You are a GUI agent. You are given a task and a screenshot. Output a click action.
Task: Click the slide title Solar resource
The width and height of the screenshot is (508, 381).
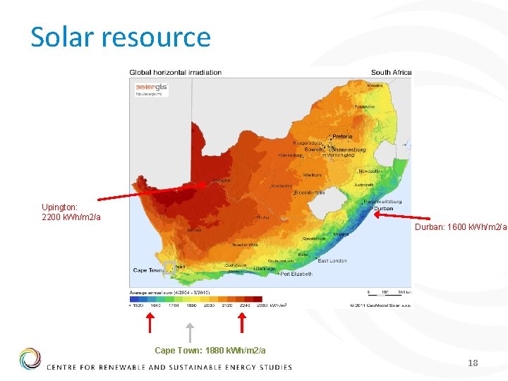(121, 37)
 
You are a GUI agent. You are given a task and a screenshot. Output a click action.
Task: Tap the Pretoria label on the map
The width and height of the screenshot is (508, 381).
(342, 136)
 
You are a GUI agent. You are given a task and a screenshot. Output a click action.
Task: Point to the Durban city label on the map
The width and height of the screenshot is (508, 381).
(384, 209)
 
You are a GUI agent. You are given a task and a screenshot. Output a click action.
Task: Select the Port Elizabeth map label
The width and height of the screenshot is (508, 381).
(297, 273)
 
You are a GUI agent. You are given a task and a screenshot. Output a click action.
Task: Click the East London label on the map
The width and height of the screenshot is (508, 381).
(332, 261)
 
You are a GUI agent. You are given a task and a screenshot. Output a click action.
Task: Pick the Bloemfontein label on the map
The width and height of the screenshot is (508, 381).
(309, 193)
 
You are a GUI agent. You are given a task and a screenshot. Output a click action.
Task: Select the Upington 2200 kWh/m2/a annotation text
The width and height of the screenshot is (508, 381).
(71, 212)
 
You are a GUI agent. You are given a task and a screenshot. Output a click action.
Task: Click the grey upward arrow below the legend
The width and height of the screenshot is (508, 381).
(188, 332)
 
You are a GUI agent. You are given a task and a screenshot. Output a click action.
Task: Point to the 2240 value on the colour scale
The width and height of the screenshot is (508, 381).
(245, 306)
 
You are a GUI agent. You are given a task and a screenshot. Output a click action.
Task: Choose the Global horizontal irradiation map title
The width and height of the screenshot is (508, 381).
(175, 72)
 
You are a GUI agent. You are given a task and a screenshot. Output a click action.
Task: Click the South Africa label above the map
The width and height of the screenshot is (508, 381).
(391, 72)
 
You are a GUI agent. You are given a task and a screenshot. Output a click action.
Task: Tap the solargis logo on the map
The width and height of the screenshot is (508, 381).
(152, 87)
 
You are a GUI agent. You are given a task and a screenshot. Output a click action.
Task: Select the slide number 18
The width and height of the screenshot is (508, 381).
(473, 363)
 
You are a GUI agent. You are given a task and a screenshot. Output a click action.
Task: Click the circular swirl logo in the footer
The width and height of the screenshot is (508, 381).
(30, 359)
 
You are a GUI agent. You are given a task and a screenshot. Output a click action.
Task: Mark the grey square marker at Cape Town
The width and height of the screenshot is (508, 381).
(169, 267)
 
